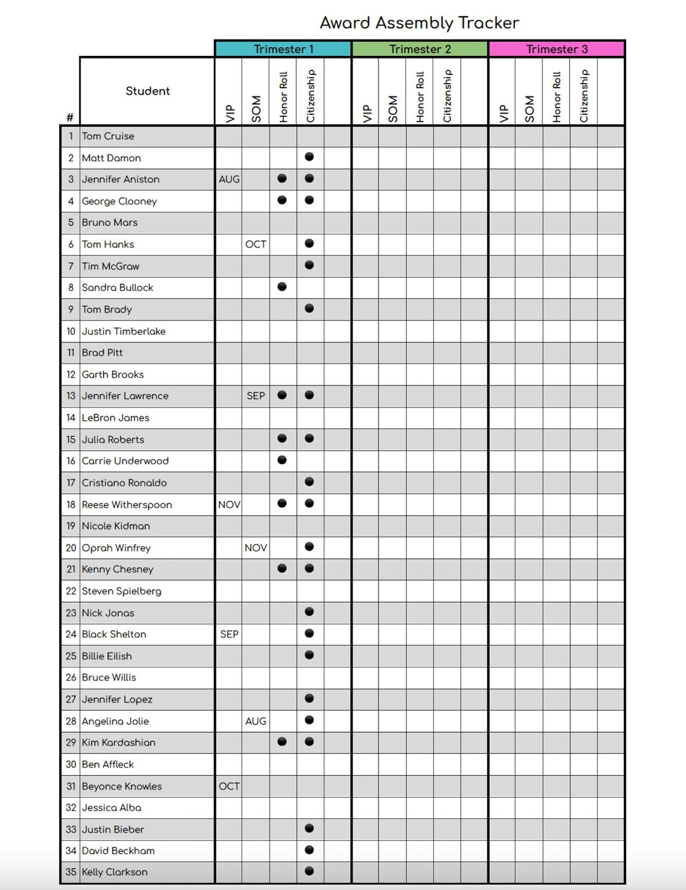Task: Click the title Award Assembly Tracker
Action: [419, 23]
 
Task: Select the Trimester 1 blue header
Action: [283, 49]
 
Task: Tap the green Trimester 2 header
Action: [420, 49]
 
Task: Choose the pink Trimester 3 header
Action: [557, 49]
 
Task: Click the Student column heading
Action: [147, 91]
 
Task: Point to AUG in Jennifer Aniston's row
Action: [229, 179]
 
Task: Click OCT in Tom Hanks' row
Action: [256, 244]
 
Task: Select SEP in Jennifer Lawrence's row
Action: [256, 395]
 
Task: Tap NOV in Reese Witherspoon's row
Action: [229, 504]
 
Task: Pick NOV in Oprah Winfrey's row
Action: [256, 547]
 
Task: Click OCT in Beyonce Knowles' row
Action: [229, 786]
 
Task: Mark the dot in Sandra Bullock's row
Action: [282, 287]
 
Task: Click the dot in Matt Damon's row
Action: [309, 156]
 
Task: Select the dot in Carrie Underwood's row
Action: [282, 460]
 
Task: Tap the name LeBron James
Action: [116, 418]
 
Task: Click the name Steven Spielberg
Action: [121, 591]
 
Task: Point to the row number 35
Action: [71, 872]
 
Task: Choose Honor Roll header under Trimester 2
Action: [420, 97]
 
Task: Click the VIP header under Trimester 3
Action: [504, 113]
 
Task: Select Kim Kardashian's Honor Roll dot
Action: [282, 741]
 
